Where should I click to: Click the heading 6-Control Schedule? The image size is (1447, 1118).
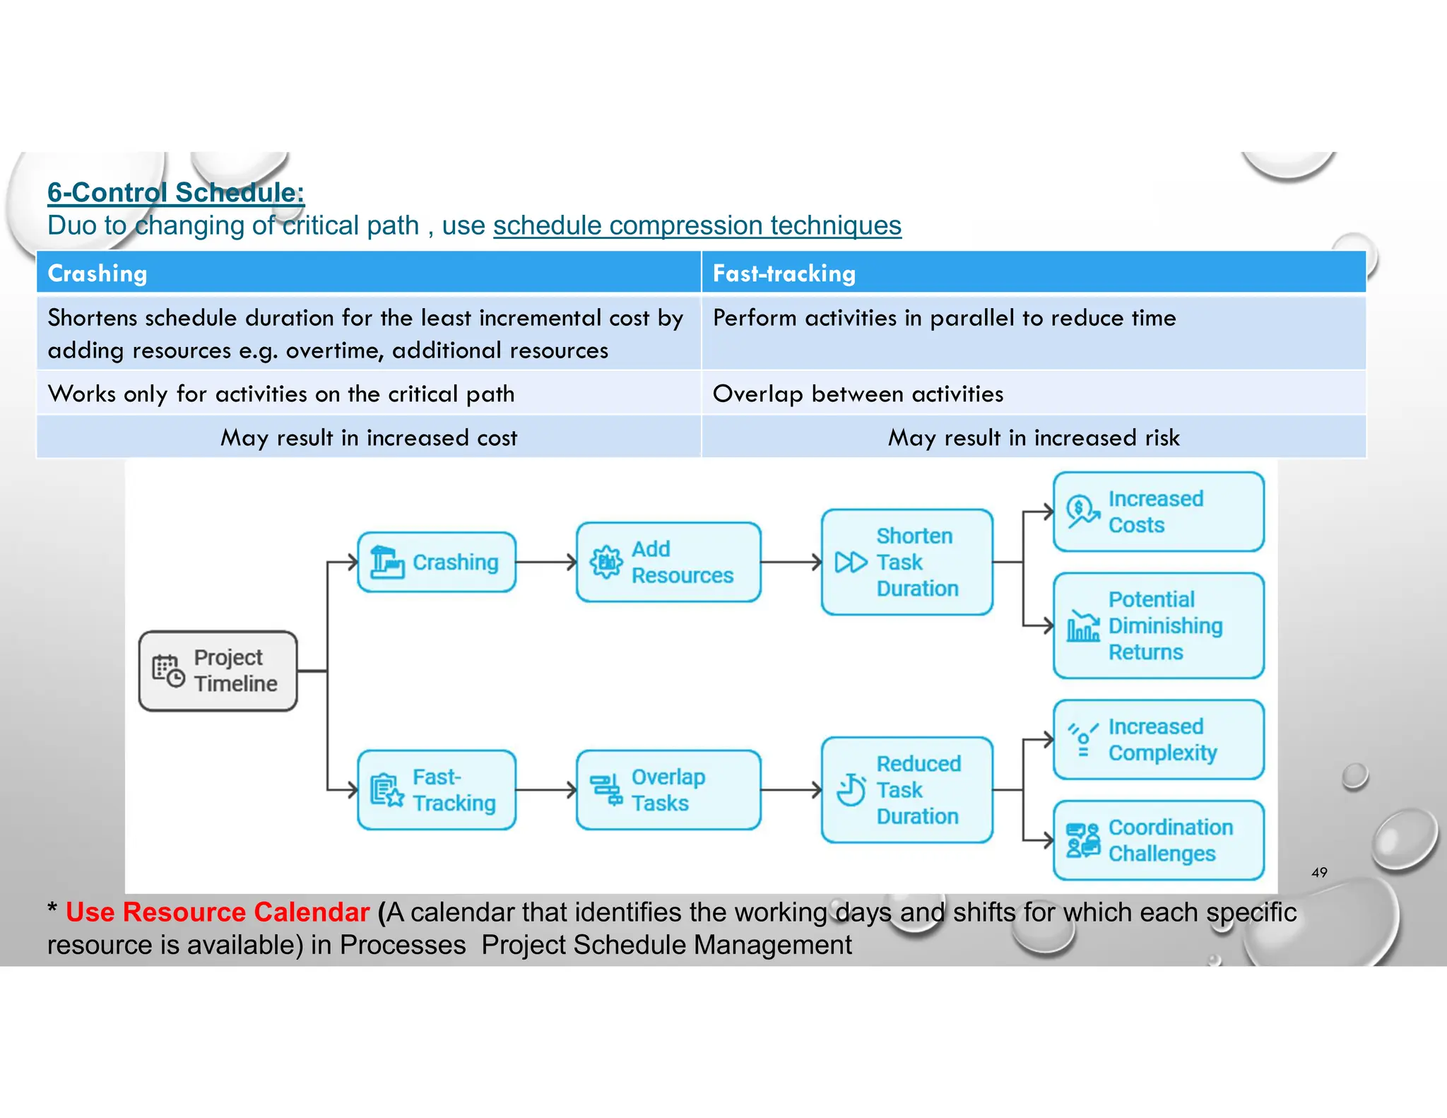(x=175, y=192)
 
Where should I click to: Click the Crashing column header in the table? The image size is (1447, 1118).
(x=98, y=273)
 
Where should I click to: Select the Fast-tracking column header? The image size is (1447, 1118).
(x=784, y=273)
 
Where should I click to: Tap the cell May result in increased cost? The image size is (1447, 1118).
(x=369, y=437)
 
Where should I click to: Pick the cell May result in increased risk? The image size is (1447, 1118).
(x=1033, y=437)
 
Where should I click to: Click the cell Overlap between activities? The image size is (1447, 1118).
(x=858, y=394)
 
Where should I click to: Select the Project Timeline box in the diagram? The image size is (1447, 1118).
(x=218, y=671)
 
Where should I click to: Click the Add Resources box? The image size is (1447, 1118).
(x=668, y=563)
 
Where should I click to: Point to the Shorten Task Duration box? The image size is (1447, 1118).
(x=906, y=563)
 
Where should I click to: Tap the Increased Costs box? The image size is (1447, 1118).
(x=1158, y=512)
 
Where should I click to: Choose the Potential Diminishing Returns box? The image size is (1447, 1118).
(x=1158, y=625)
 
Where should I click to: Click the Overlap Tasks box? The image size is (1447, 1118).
(x=668, y=790)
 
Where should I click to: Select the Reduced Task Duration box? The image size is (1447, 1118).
(x=906, y=790)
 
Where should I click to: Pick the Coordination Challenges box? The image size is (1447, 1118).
(x=1158, y=840)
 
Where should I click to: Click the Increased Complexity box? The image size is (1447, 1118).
(x=1158, y=740)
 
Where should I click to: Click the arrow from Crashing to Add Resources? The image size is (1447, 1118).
(x=545, y=563)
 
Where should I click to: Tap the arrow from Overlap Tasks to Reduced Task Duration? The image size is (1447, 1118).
(x=790, y=790)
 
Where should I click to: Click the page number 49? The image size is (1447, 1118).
(x=1318, y=872)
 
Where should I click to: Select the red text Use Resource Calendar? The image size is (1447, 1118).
(x=218, y=912)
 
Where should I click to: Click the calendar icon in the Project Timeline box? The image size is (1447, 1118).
(x=168, y=671)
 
